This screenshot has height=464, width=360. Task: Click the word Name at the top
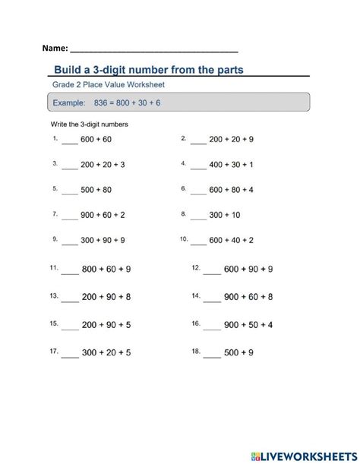(x=55, y=48)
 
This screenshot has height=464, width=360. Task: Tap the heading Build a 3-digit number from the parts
(x=149, y=70)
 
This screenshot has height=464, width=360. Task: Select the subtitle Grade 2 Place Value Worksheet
(x=107, y=85)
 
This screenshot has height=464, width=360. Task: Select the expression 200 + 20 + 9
(x=232, y=140)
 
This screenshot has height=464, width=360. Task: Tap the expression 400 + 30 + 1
(x=232, y=164)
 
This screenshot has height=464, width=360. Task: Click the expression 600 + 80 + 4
(x=232, y=190)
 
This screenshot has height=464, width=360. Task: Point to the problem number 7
(x=55, y=214)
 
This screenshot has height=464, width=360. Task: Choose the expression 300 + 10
(x=226, y=215)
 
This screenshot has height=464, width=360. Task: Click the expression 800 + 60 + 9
(x=106, y=270)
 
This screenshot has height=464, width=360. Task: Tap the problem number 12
(x=196, y=267)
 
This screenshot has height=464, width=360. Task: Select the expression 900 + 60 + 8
(x=249, y=297)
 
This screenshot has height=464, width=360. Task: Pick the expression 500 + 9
(x=239, y=353)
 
